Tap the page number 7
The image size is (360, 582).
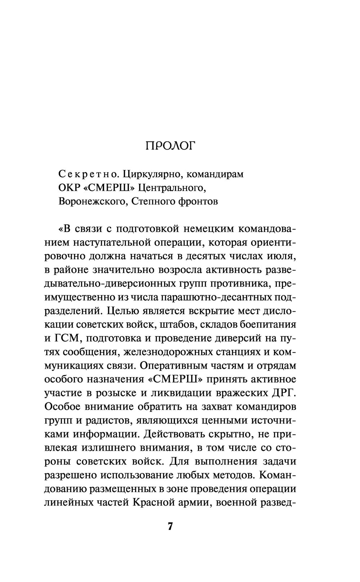tap(170, 526)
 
